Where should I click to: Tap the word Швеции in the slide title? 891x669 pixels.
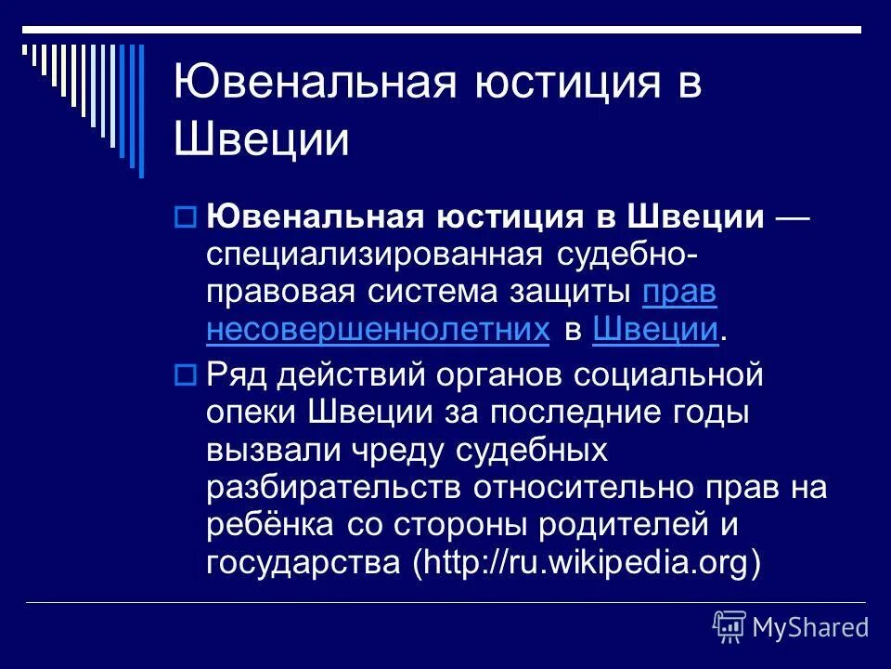coord(262,142)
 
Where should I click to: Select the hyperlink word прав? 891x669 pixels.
coord(678,292)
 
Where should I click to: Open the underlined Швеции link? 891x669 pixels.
coord(654,329)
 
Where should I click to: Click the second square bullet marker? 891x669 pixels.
coord(183,376)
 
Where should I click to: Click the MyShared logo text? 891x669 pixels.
coord(810,627)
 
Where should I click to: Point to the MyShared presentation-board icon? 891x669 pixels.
coord(730,627)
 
